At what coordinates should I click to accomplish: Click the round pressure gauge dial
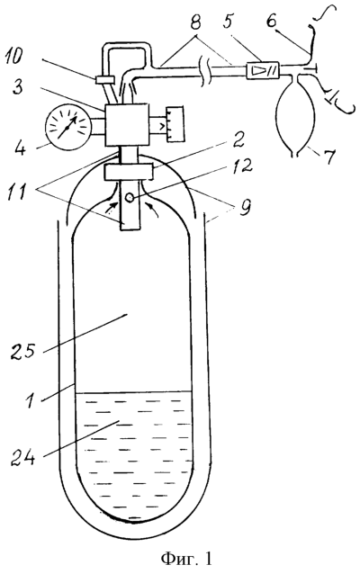tap(68, 127)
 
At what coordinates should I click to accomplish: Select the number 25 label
tap(22, 350)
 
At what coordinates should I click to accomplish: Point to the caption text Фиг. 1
tap(187, 559)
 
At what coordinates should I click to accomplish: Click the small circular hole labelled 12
tap(130, 198)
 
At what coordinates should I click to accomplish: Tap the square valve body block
tap(127, 124)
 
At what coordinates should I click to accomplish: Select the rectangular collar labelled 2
tap(128, 172)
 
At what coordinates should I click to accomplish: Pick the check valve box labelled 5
tap(263, 68)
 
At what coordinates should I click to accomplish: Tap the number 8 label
tap(196, 22)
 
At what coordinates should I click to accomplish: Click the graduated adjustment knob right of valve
tap(175, 124)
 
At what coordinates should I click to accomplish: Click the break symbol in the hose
tap(203, 72)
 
